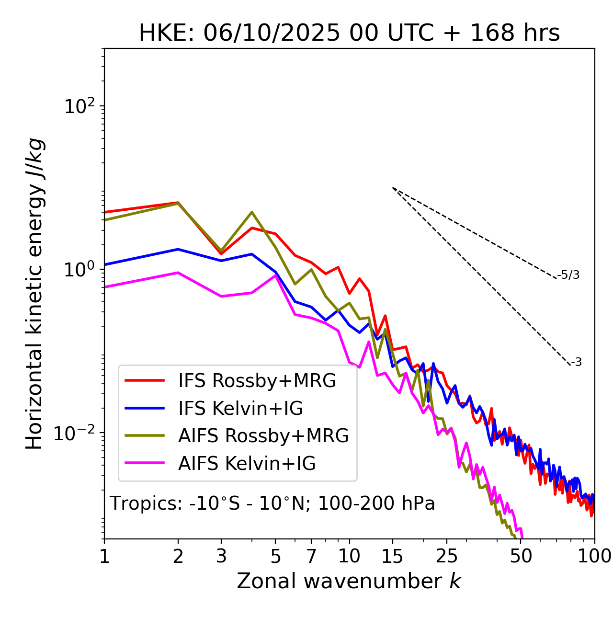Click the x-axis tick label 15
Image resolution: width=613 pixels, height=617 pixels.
(393, 556)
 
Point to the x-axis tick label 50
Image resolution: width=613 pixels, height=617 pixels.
(521, 556)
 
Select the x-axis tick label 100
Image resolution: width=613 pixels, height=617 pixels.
(594, 556)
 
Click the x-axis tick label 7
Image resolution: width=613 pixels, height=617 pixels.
(311, 556)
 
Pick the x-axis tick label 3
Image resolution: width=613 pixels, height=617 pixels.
(221, 556)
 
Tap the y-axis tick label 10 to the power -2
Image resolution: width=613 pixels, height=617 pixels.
(77, 433)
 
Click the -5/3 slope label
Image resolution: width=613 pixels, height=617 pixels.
(568, 275)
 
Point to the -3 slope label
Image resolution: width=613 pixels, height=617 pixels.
(576, 363)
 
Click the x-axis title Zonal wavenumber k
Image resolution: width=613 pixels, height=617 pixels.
(349, 581)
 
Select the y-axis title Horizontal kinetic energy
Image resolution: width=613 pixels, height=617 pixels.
(34, 307)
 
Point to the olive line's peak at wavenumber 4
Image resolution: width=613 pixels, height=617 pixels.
(252, 212)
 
